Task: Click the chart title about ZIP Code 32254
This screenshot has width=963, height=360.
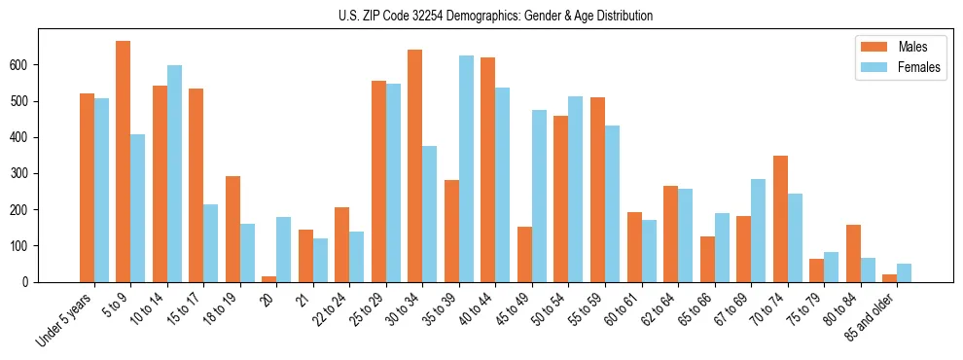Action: [481, 16]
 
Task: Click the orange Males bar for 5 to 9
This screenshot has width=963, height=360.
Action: [124, 162]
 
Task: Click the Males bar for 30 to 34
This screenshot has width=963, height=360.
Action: [415, 165]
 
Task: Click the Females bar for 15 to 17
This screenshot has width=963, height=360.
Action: [211, 243]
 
